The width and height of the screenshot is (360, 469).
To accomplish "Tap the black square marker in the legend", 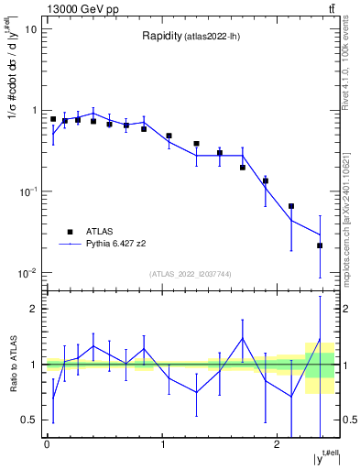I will coord(70,232).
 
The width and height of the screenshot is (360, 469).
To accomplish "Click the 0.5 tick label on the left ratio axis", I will coord(30,420).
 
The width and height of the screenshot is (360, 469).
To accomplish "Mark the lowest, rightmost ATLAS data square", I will coord(320,245).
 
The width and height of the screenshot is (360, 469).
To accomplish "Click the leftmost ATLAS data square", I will coord(53,119).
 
